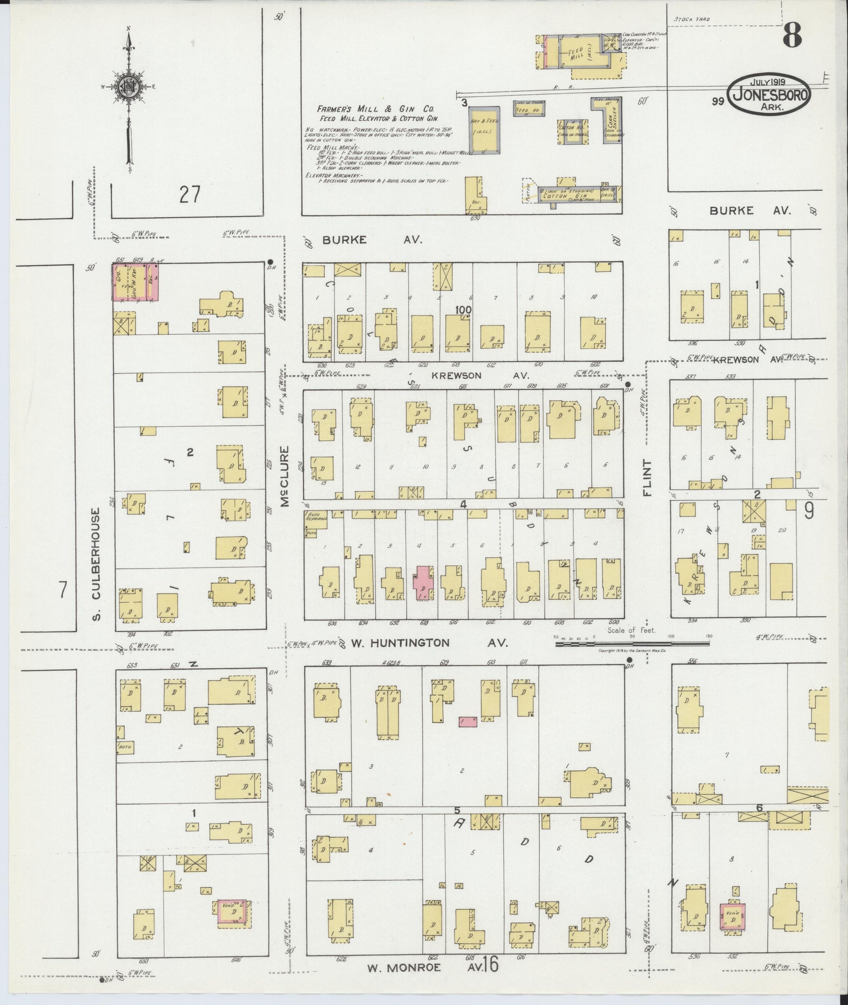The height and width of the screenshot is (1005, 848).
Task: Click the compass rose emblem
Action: pyautogui.click(x=129, y=88)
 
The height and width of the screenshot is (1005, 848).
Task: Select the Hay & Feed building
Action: pyautogui.click(x=484, y=130)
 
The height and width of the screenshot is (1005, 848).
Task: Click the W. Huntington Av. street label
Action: pyautogui.click(x=428, y=643)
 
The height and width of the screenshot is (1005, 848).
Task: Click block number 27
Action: pyautogui.click(x=189, y=195)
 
